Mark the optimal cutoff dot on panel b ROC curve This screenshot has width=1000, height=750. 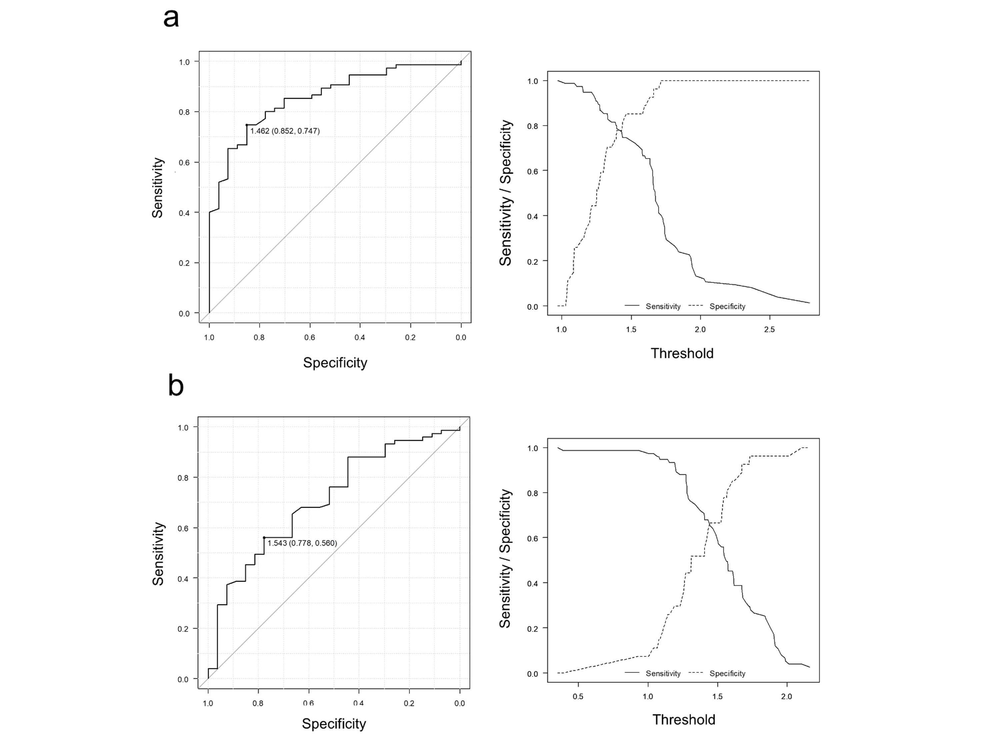[x=264, y=538]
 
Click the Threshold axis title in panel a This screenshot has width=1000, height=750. [x=682, y=353]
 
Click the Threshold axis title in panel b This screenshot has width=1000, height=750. [x=684, y=719]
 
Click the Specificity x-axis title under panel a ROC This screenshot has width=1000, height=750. [x=335, y=363]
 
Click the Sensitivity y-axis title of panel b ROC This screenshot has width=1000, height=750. [x=158, y=554]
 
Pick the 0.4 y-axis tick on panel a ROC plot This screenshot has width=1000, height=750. [x=184, y=213]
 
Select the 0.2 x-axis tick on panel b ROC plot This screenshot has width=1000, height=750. [x=409, y=703]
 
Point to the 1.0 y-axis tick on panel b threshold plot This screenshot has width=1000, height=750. [x=533, y=448]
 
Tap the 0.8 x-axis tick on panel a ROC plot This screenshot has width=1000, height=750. [x=259, y=337]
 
